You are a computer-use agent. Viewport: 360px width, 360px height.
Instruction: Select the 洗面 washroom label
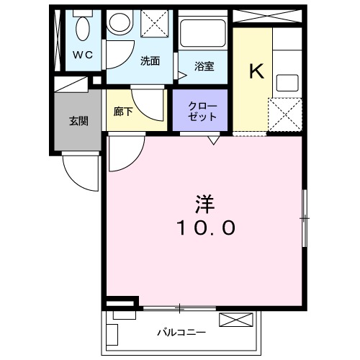(150, 60)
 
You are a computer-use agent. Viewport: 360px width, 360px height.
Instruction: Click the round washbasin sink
(117, 24)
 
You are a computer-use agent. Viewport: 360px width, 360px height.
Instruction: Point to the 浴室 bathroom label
(204, 66)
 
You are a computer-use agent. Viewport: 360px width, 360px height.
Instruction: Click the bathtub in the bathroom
(204, 35)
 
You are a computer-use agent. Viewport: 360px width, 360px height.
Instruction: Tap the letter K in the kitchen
(255, 71)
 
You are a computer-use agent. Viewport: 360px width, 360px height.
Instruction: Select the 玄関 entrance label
(78, 120)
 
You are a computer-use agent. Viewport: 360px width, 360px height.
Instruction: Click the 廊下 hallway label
(123, 112)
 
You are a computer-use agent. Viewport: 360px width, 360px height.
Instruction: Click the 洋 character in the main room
(204, 203)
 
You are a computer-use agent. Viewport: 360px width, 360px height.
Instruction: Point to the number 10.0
(204, 228)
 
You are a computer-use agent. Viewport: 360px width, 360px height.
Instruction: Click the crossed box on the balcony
(236, 320)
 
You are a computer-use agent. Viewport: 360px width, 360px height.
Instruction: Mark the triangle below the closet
(213, 140)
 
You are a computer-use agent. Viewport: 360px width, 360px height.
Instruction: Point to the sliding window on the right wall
(305, 216)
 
